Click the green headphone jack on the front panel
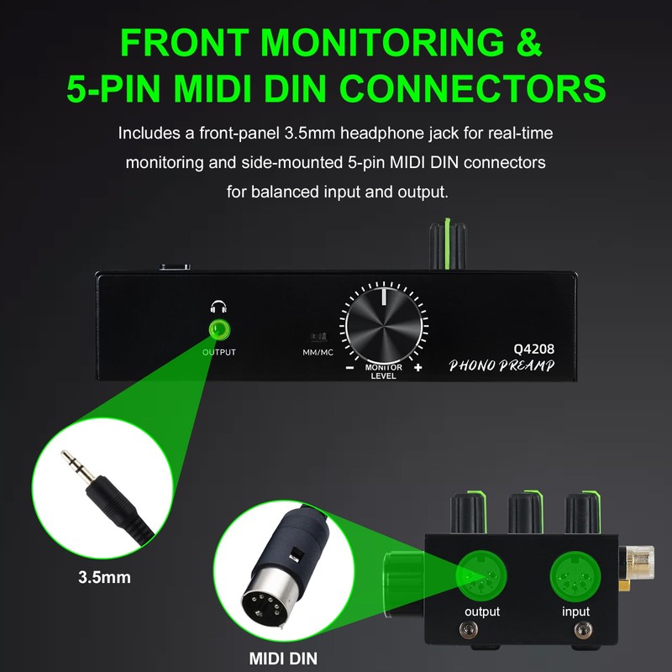[x=219, y=329]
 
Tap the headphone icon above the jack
[x=218, y=307]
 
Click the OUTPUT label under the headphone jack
[x=219, y=352]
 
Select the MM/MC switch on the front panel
[x=318, y=337]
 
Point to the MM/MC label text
[x=318, y=352]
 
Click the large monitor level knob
[x=384, y=325]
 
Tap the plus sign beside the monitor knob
[x=417, y=367]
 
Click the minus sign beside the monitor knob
[x=350, y=367]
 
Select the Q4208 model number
[x=534, y=349]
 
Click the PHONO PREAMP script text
[x=501, y=365]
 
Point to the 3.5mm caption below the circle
[x=104, y=577]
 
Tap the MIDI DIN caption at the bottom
[x=283, y=659]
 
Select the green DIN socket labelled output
[x=481, y=575]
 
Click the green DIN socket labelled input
[x=575, y=575]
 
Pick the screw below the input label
[x=583, y=629]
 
